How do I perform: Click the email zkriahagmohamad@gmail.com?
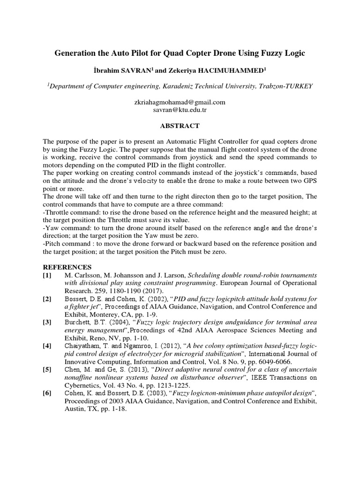(x=180, y=102)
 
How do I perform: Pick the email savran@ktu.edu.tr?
(x=180, y=110)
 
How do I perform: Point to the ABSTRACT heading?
(x=180, y=126)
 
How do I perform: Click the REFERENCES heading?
(x=65, y=267)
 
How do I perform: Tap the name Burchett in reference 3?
(x=78, y=323)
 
